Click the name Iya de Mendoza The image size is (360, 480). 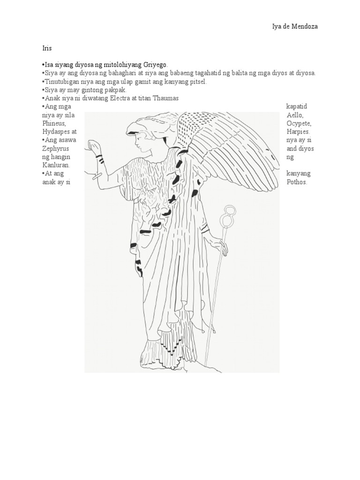click(x=295, y=27)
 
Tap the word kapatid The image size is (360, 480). click(x=297, y=106)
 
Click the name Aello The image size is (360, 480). click(x=294, y=115)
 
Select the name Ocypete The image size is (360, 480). click(x=299, y=123)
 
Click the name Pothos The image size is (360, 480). click(x=297, y=182)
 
